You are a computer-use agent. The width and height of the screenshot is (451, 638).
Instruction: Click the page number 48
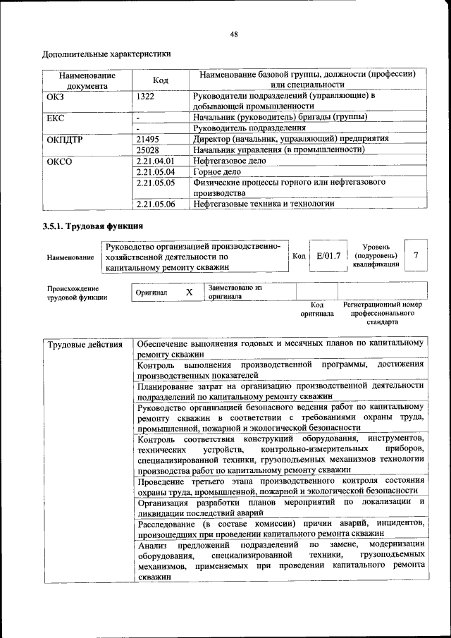233,34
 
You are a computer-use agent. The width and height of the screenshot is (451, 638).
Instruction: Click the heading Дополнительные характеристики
106,54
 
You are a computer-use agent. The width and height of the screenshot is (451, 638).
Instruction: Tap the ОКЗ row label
55,96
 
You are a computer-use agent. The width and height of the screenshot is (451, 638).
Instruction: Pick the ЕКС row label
56,117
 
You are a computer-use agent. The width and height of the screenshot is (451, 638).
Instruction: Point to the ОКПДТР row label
65,140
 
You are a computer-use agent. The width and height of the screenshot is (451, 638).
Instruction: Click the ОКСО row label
59,161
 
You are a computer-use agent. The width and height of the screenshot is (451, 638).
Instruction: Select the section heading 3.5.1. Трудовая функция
92,226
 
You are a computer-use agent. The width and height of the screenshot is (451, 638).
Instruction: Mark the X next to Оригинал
188,292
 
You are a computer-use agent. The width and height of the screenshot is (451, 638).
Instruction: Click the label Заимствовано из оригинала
235,292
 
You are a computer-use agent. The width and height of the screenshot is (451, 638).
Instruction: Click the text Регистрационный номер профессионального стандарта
383,313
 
